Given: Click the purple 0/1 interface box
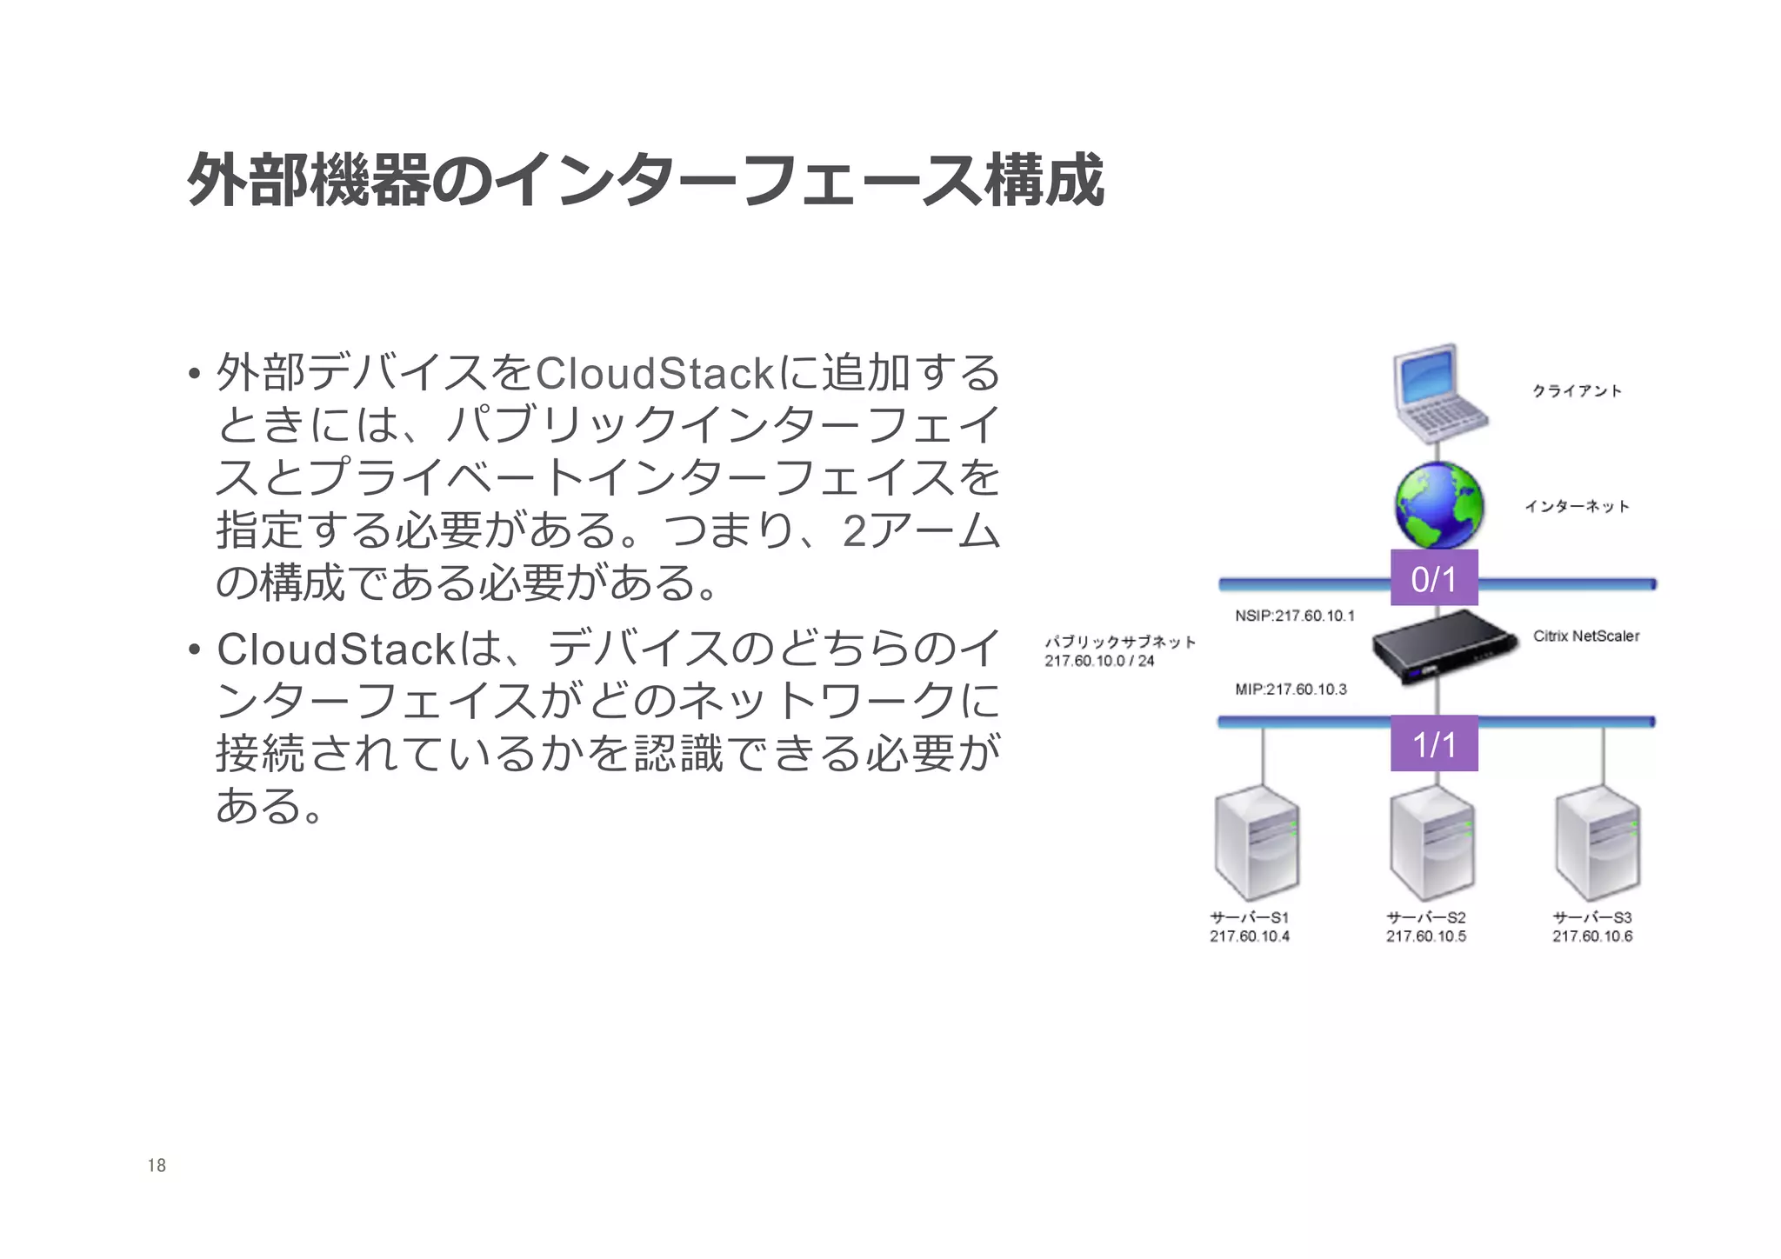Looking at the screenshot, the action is (1434, 578).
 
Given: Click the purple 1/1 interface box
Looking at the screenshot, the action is (1434, 743).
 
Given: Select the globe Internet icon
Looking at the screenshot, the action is (1438, 506).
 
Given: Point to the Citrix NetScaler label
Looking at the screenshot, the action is (1585, 636).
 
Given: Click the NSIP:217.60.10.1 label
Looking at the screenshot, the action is (1294, 616).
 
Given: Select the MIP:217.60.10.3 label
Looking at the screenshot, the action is (1291, 689).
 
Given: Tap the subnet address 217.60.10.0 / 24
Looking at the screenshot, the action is (1099, 662).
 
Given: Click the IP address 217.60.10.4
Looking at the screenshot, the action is (1249, 936).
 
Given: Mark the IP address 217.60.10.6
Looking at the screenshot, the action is (1592, 936).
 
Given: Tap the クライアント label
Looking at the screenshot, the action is (1577, 391).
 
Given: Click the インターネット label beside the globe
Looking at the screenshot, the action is (1577, 506).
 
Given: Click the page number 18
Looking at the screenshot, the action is (157, 1166).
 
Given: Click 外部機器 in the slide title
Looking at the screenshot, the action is (309, 181).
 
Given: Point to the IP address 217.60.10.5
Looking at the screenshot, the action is (1425, 936).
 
